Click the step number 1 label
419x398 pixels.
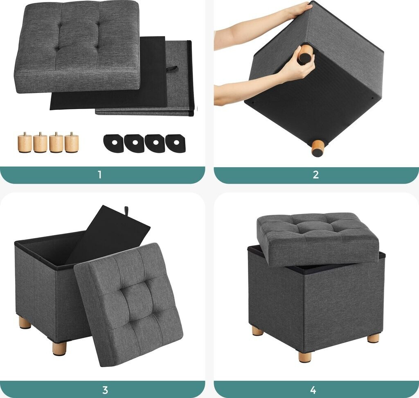point(100,175)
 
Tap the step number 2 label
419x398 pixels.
point(315,175)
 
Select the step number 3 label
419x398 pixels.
point(105,390)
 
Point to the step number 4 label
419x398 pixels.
point(313,390)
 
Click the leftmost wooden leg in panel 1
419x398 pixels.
point(25,142)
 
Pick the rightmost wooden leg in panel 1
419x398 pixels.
point(72,142)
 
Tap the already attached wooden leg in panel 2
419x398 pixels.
point(318,148)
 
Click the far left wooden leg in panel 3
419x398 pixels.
point(25,322)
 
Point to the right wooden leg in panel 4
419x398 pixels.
point(373,338)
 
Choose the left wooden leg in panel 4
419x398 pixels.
point(258,331)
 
